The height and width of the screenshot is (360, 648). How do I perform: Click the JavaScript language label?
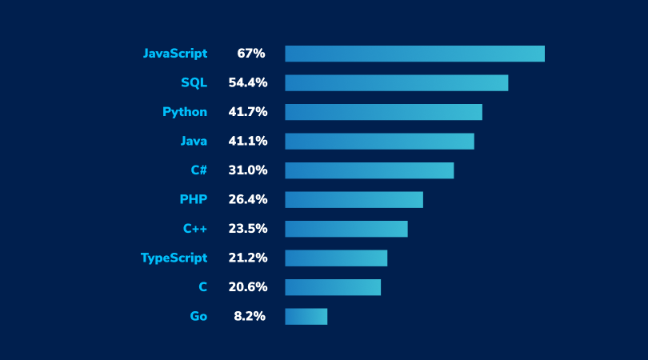pos(174,54)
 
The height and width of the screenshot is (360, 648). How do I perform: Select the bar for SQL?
pos(396,83)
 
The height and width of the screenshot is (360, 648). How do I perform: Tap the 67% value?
pos(250,54)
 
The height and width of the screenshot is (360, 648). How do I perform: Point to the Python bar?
pos(383,112)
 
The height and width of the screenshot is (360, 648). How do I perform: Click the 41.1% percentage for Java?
pos(247,141)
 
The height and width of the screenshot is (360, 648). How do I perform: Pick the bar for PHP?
pos(354,199)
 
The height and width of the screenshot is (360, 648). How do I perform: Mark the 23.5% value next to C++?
pos(247,229)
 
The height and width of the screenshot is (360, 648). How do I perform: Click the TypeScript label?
pos(174,258)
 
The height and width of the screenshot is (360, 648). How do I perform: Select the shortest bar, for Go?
pos(306,316)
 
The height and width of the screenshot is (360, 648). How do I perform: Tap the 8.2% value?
pos(250,316)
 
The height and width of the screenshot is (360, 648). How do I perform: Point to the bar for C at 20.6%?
pos(333,287)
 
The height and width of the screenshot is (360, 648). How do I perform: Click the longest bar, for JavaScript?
pos(414,54)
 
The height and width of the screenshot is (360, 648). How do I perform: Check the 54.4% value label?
pos(247,83)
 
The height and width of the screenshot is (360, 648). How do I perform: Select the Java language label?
pos(194,141)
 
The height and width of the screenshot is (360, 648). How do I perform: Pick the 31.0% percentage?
pos(247,170)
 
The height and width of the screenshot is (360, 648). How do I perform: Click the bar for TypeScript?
pos(336,258)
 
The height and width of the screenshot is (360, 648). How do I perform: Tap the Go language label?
pos(198,316)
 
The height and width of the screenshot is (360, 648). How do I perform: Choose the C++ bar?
pos(346,229)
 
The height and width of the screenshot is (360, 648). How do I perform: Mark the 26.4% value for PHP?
pos(247,199)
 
